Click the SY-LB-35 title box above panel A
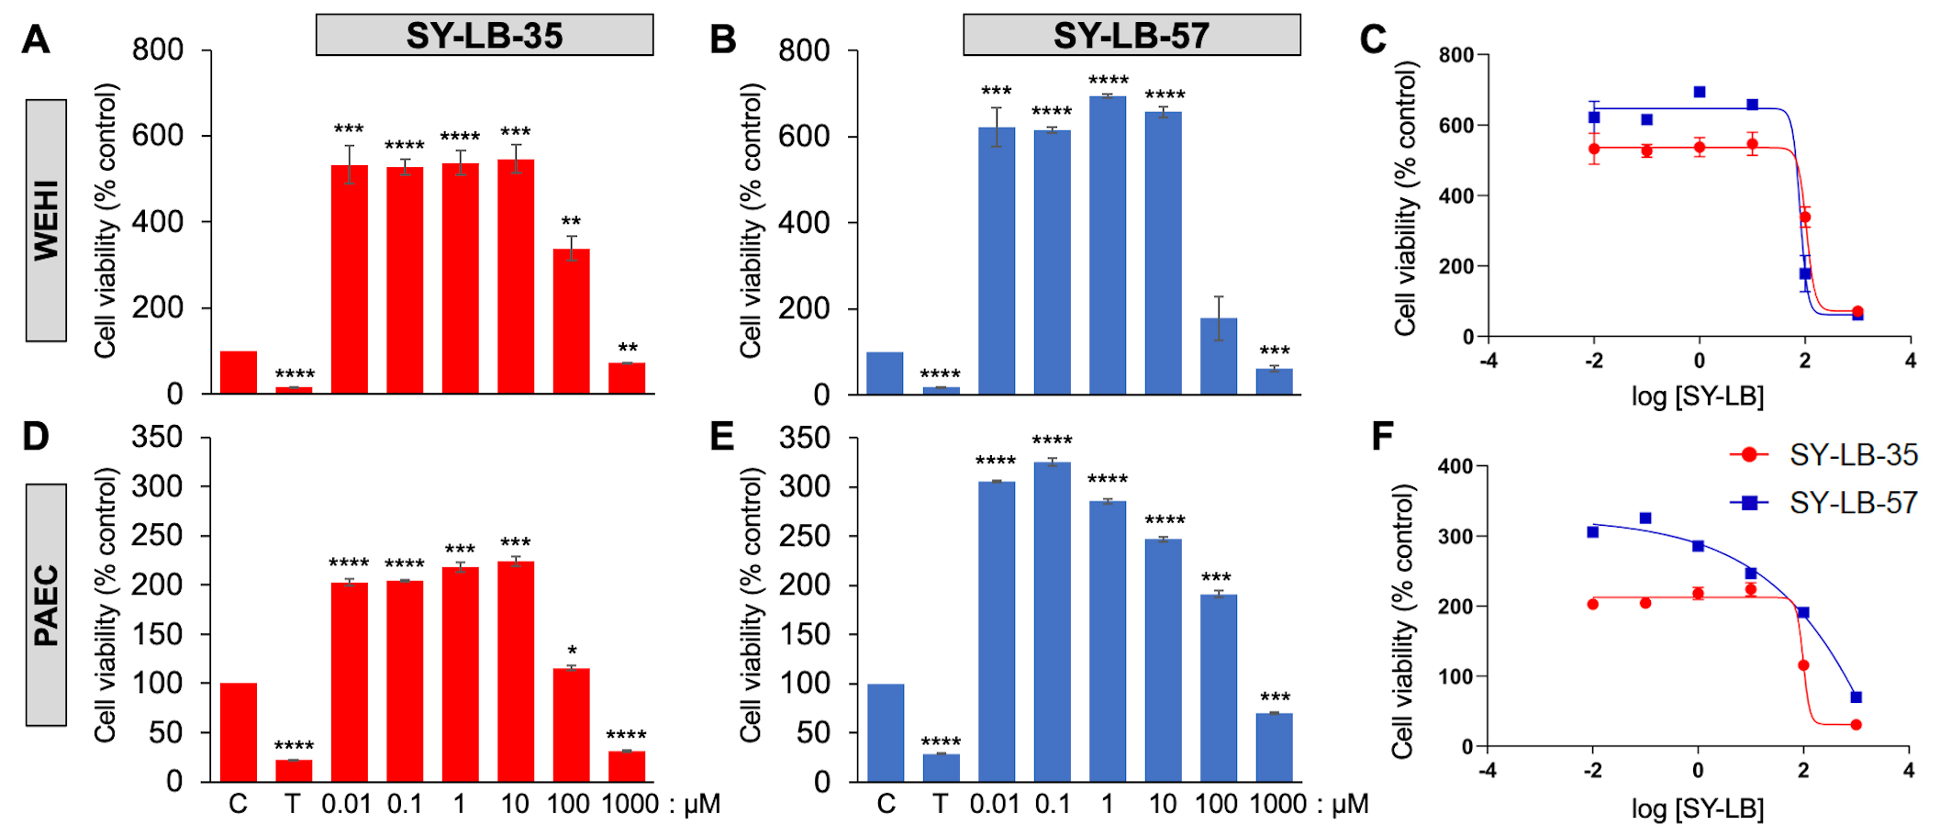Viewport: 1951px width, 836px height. click(x=484, y=35)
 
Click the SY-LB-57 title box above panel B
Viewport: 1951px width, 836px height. click(x=1131, y=35)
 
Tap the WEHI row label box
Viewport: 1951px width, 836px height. click(x=46, y=220)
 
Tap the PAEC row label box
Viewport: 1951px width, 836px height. click(x=46, y=605)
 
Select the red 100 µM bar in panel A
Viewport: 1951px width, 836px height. click(x=571, y=321)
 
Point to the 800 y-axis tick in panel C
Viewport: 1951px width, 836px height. click(x=1455, y=55)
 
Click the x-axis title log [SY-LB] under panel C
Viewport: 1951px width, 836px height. click(x=1698, y=396)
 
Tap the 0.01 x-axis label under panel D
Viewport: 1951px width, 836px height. click(x=346, y=805)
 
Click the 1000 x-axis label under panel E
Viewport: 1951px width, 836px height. click(x=1277, y=805)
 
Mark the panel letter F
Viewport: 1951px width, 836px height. click(x=1382, y=437)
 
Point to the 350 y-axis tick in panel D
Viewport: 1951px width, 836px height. click(x=157, y=437)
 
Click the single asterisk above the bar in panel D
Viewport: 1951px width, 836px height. click(x=572, y=651)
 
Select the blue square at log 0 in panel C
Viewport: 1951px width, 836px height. click(x=1700, y=92)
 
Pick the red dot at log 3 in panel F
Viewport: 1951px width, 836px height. click(x=1856, y=725)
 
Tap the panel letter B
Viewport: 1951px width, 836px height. click(x=723, y=39)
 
